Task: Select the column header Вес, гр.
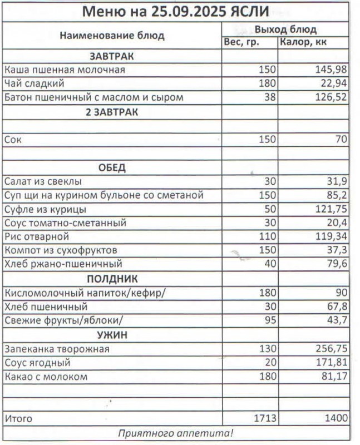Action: pyautogui.click(x=241, y=42)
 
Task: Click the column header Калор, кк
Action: pyautogui.click(x=303, y=42)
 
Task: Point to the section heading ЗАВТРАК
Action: pyautogui.click(x=111, y=56)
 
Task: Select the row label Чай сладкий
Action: pyautogui.click(x=34, y=84)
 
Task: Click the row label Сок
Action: pyautogui.click(x=12, y=140)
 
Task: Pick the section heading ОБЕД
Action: pyautogui.click(x=112, y=167)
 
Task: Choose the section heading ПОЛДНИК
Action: pyautogui.click(x=112, y=279)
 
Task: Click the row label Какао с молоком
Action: pyautogui.click(x=46, y=377)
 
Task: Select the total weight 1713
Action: pyautogui.click(x=264, y=418)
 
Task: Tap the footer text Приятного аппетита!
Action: pyautogui.click(x=176, y=433)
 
